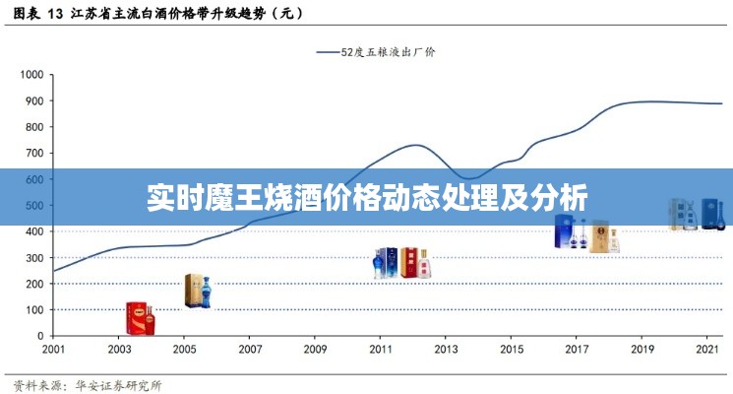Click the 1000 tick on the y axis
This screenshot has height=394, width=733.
pos(33,75)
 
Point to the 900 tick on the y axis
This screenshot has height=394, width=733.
pos(35,100)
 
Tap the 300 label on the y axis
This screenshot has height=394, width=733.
pos(35,258)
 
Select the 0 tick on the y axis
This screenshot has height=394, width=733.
pos(40,336)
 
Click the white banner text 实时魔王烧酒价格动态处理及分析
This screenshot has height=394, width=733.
pos(366,197)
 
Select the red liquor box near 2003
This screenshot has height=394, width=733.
pos(141,317)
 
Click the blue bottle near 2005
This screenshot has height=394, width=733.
pos(206,292)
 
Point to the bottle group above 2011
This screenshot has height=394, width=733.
pos(401,262)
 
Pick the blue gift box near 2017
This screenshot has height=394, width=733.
pos(565,231)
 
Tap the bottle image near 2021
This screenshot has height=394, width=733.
pos(698,214)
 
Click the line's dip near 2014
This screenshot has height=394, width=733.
pos(470,179)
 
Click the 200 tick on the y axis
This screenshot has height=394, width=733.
pos(35,284)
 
